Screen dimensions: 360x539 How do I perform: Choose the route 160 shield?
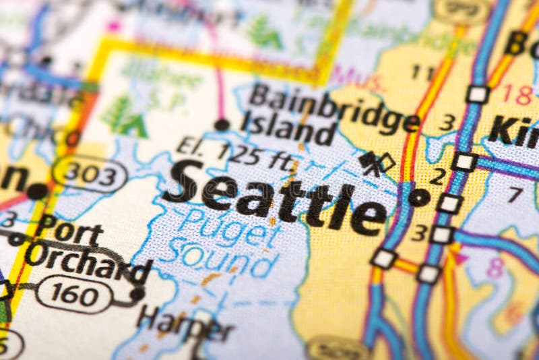[x=74, y=294]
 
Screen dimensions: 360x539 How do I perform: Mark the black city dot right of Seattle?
[x=418, y=197]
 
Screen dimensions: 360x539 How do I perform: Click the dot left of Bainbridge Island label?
[x=222, y=124]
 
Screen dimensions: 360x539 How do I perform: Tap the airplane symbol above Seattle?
[x=370, y=162]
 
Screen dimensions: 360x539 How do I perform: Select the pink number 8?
[x=495, y=268]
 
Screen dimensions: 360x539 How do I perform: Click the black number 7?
[x=515, y=195]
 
